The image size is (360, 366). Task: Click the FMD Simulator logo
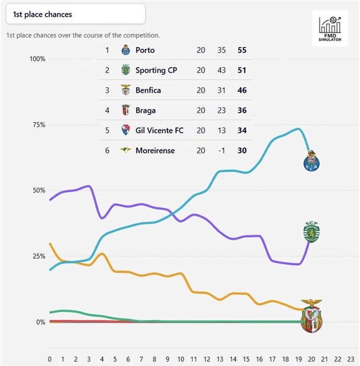tap(330, 29)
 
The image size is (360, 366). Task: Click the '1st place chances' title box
tap(75, 14)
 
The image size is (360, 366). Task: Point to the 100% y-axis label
tap(37, 59)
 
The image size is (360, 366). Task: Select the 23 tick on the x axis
tap(350, 359)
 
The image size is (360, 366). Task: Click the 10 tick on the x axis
tap(180, 359)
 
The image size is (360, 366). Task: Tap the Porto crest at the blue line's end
tap(311, 160)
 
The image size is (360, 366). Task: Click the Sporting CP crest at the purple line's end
tap(311, 232)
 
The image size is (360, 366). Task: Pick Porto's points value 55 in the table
tap(241, 51)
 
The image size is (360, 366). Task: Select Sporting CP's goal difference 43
tap(222, 71)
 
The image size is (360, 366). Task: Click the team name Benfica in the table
tap(148, 90)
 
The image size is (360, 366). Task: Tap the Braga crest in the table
tap(125, 110)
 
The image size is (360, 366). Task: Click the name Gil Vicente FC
tap(159, 130)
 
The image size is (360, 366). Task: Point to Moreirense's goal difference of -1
tap(222, 151)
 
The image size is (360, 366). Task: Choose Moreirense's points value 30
tap(241, 151)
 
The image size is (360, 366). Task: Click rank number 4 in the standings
tap(108, 110)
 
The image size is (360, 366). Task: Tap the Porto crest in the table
tap(125, 51)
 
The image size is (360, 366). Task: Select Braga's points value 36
tap(241, 110)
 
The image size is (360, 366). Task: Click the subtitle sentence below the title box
tap(83, 36)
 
